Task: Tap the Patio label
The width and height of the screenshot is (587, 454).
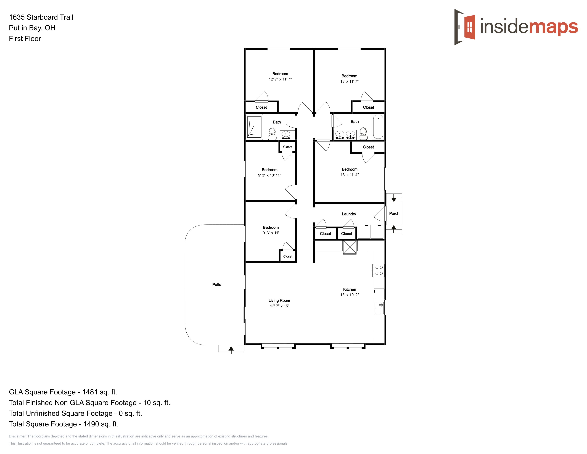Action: click(217, 285)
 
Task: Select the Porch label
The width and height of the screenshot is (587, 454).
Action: click(394, 213)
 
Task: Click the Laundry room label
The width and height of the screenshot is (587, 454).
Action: click(349, 214)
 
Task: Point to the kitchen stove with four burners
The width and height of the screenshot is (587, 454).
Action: click(378, 270)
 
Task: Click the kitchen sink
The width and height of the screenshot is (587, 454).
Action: click(379, 308)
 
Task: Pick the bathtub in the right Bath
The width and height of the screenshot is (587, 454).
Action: click(378, 127)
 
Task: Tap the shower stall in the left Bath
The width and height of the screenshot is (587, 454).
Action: click(254, 127)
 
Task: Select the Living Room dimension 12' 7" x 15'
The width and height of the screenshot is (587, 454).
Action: click(279, 306)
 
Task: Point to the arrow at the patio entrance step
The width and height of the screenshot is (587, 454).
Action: click(231, 350)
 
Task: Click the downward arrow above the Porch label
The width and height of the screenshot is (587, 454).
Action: click(394, 198)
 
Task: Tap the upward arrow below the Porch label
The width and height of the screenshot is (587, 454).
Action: click(394, 229)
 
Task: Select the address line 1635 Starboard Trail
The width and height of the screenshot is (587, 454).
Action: click(41, 17)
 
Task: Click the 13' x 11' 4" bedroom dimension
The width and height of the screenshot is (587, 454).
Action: click(349, 175)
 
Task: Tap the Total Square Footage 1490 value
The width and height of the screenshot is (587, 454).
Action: click(101, 424)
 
